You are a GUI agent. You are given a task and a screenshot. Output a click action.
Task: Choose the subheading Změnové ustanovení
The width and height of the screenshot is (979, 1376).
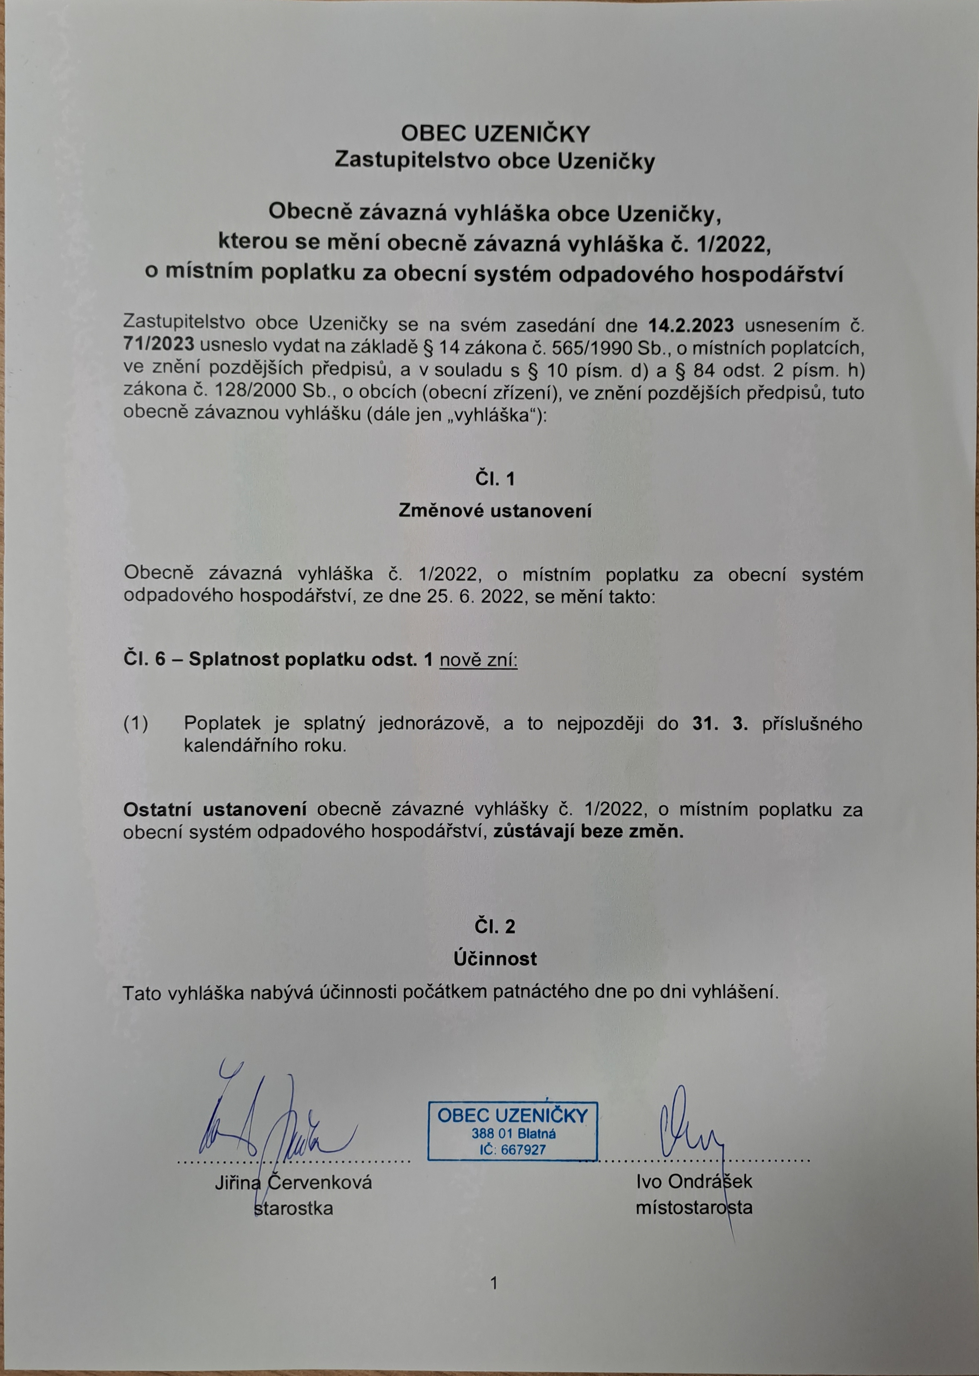click(x=494, y=512)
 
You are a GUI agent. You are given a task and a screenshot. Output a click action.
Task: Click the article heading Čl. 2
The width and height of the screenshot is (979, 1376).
click(x=494, y=927)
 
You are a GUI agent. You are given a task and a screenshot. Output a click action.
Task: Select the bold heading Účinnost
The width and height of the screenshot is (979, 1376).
click(x=494, y=959)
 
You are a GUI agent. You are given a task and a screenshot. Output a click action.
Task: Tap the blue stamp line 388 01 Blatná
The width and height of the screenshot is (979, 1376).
click(x=513, y=1134)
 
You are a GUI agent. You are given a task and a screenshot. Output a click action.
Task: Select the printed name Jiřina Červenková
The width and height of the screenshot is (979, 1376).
click(x=293, y=1182)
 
